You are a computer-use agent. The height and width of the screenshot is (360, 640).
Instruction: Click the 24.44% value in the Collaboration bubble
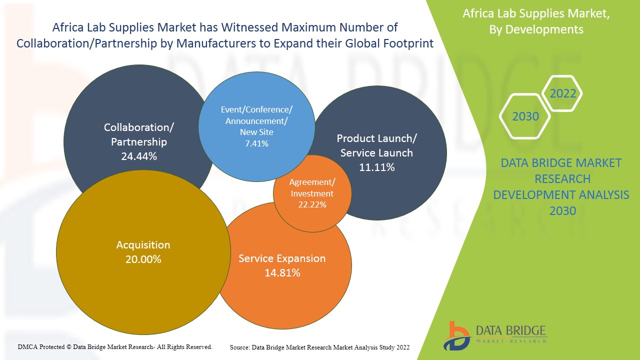pyautogui.click(x=139, y=156)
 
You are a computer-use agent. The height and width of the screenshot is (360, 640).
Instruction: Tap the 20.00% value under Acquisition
pyautogui.click(x=143, y=259)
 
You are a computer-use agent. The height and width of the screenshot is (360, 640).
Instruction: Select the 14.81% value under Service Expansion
pyautogui.click(x=282, y=273)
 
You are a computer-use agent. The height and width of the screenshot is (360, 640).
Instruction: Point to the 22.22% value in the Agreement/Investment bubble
pyautogui.click(x=312, y=204)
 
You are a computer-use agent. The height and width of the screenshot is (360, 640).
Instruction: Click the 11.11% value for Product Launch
pyautogui.click(x=376, y=167)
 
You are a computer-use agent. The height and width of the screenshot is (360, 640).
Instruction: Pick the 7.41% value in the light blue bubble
pyautogui.click(x=256, y=143)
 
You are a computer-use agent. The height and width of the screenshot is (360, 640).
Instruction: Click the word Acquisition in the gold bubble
pyautogui.click(x=143, y=245)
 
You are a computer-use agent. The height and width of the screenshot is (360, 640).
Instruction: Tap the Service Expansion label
pyautogui.click(x=282, y=258)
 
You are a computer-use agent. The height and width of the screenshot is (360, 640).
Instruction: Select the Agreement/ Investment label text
pyautogui.click(x=312, y=187)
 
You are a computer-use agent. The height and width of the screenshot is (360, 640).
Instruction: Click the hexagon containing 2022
pyautogui.click(x=562, y=93)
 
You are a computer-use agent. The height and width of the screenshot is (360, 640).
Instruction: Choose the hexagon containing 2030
pyautogui.click(x=525, y=116)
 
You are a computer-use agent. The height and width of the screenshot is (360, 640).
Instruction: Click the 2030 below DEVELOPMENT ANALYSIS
pyautogui.click(x=562, y=211)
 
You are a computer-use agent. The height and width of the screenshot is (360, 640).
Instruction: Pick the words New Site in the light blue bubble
pyautogui.click(x=256, y=132)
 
